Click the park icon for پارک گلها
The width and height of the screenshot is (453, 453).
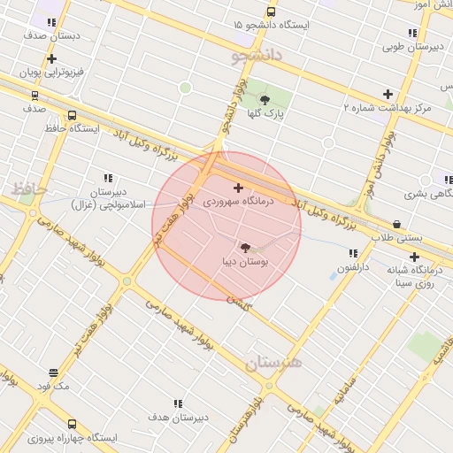point(264,101)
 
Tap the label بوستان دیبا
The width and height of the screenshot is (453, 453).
point(247,262)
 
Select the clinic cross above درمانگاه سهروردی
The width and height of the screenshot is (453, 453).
point(238,188)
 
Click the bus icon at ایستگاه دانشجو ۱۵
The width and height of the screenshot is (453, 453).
point(271,12)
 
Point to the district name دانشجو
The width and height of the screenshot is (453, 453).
point(257,56)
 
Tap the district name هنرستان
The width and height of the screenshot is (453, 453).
point(273,363)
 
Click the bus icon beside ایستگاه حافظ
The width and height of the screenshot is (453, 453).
point(72,115)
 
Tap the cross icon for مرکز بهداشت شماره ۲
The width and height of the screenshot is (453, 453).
point(388,94)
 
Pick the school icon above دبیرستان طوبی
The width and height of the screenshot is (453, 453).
point(412,34)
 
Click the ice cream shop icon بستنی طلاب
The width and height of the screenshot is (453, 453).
point(396,225)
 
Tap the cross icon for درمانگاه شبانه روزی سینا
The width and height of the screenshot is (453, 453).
point(413,257)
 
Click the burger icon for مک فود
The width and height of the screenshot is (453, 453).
point(53,373)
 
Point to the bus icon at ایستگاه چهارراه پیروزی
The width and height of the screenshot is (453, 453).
point(72,425)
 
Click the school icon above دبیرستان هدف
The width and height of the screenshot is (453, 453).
point(178,403)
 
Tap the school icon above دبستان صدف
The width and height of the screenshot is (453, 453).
point(51,23)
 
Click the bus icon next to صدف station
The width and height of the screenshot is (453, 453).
point(35,95)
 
